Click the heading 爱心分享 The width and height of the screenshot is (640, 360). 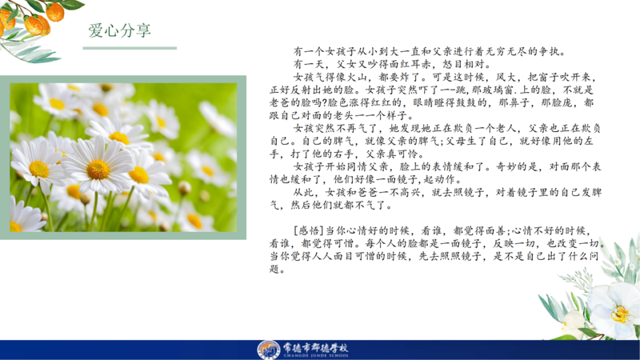[x=119, y=30]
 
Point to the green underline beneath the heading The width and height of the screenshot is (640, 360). [x=130, y=48]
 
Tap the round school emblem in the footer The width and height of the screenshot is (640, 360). [x=268, y=350]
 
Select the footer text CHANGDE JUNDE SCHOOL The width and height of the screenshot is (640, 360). [x=316, y=355]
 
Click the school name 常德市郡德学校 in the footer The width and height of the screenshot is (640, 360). [x=316, y=348]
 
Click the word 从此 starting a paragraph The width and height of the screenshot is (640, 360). [x=304, y=192]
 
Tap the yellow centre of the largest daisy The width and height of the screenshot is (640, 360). [x=98, y=169]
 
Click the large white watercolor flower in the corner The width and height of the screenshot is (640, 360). [x=615, y=308]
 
